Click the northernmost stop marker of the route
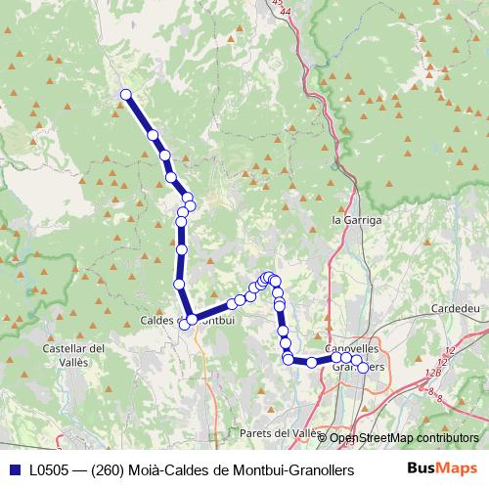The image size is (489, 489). [x=125, y=94]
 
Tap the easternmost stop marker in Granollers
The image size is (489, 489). [x=363, y=368]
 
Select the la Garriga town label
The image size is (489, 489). [x=356, y=221]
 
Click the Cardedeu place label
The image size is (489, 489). [x=456, y=308]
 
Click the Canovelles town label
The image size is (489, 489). [x=351, y=348]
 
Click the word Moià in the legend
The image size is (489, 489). [x=137, y=469]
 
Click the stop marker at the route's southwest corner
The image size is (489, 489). [x=193, y=318]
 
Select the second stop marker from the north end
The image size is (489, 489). [x=153, y=135]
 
